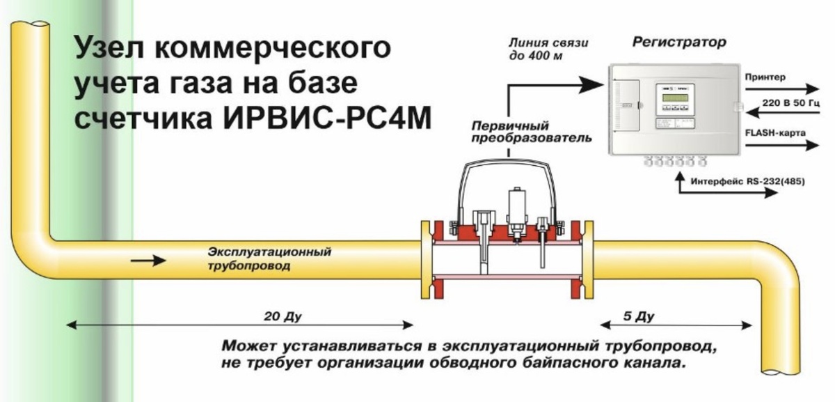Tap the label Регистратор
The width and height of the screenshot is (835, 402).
click(678, 42)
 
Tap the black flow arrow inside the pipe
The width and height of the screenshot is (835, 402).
click(149, 261)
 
